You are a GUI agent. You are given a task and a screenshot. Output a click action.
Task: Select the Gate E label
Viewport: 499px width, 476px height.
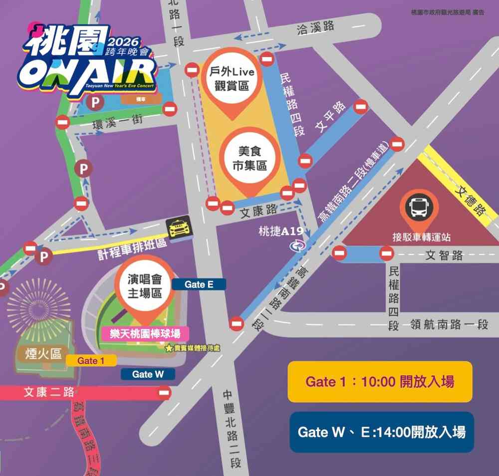pyautogui.click(x=199, y=284)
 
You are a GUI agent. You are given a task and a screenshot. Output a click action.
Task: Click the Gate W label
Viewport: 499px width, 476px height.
pyautogui.click(x=148, y=374)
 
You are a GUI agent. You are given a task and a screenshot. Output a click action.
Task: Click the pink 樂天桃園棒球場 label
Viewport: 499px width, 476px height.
pyautogui.click(x=142, y=333)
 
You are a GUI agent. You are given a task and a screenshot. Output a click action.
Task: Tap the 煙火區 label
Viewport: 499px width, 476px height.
pyautogui.click(x=44, y=354)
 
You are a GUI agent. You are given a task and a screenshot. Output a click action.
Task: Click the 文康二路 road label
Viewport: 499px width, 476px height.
pyautogui.click(x=49, y=393)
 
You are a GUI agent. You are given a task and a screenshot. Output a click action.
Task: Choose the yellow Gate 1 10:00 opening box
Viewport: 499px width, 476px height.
pyautogui.click(x=380, y=382)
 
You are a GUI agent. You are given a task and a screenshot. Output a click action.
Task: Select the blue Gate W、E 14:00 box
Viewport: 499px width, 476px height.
pyautogui.click(x=381, y=432)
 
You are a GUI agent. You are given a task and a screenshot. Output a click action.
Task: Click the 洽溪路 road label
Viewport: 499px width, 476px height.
pyautogui.click(x=315, y=27)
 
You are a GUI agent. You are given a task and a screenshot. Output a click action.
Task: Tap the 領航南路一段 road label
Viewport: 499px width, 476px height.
pyautogui.click(x=449, y=324)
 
